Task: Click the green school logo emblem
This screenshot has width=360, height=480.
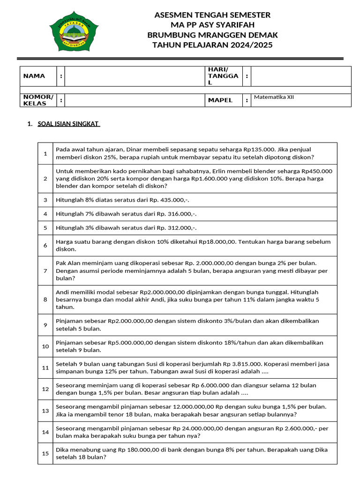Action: pyautogui.click(x=74, y=31)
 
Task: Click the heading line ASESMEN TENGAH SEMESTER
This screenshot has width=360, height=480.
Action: pyautogui.click(x=212, y=15)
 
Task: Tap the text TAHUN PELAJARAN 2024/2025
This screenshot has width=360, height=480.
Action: pyautogui.click(x=212, y=45)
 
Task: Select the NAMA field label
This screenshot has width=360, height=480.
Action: pyautogui.click(x=34, y=76)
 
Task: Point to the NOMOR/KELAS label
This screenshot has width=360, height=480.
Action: pyautogui.click(x=38, y=100)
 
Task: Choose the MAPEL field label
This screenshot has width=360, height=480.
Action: pyautogui.click(x=220, y=100)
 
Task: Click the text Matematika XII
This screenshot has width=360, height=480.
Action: pyautogui.click(x=274, y=97)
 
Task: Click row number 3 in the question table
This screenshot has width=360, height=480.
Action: pyautogui.click(x=45, y=200)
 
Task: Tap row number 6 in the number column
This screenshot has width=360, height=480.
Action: pyautogui.click(x=45, y=246)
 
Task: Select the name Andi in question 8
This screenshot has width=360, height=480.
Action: pyautogui.click(x=63, y=292)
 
